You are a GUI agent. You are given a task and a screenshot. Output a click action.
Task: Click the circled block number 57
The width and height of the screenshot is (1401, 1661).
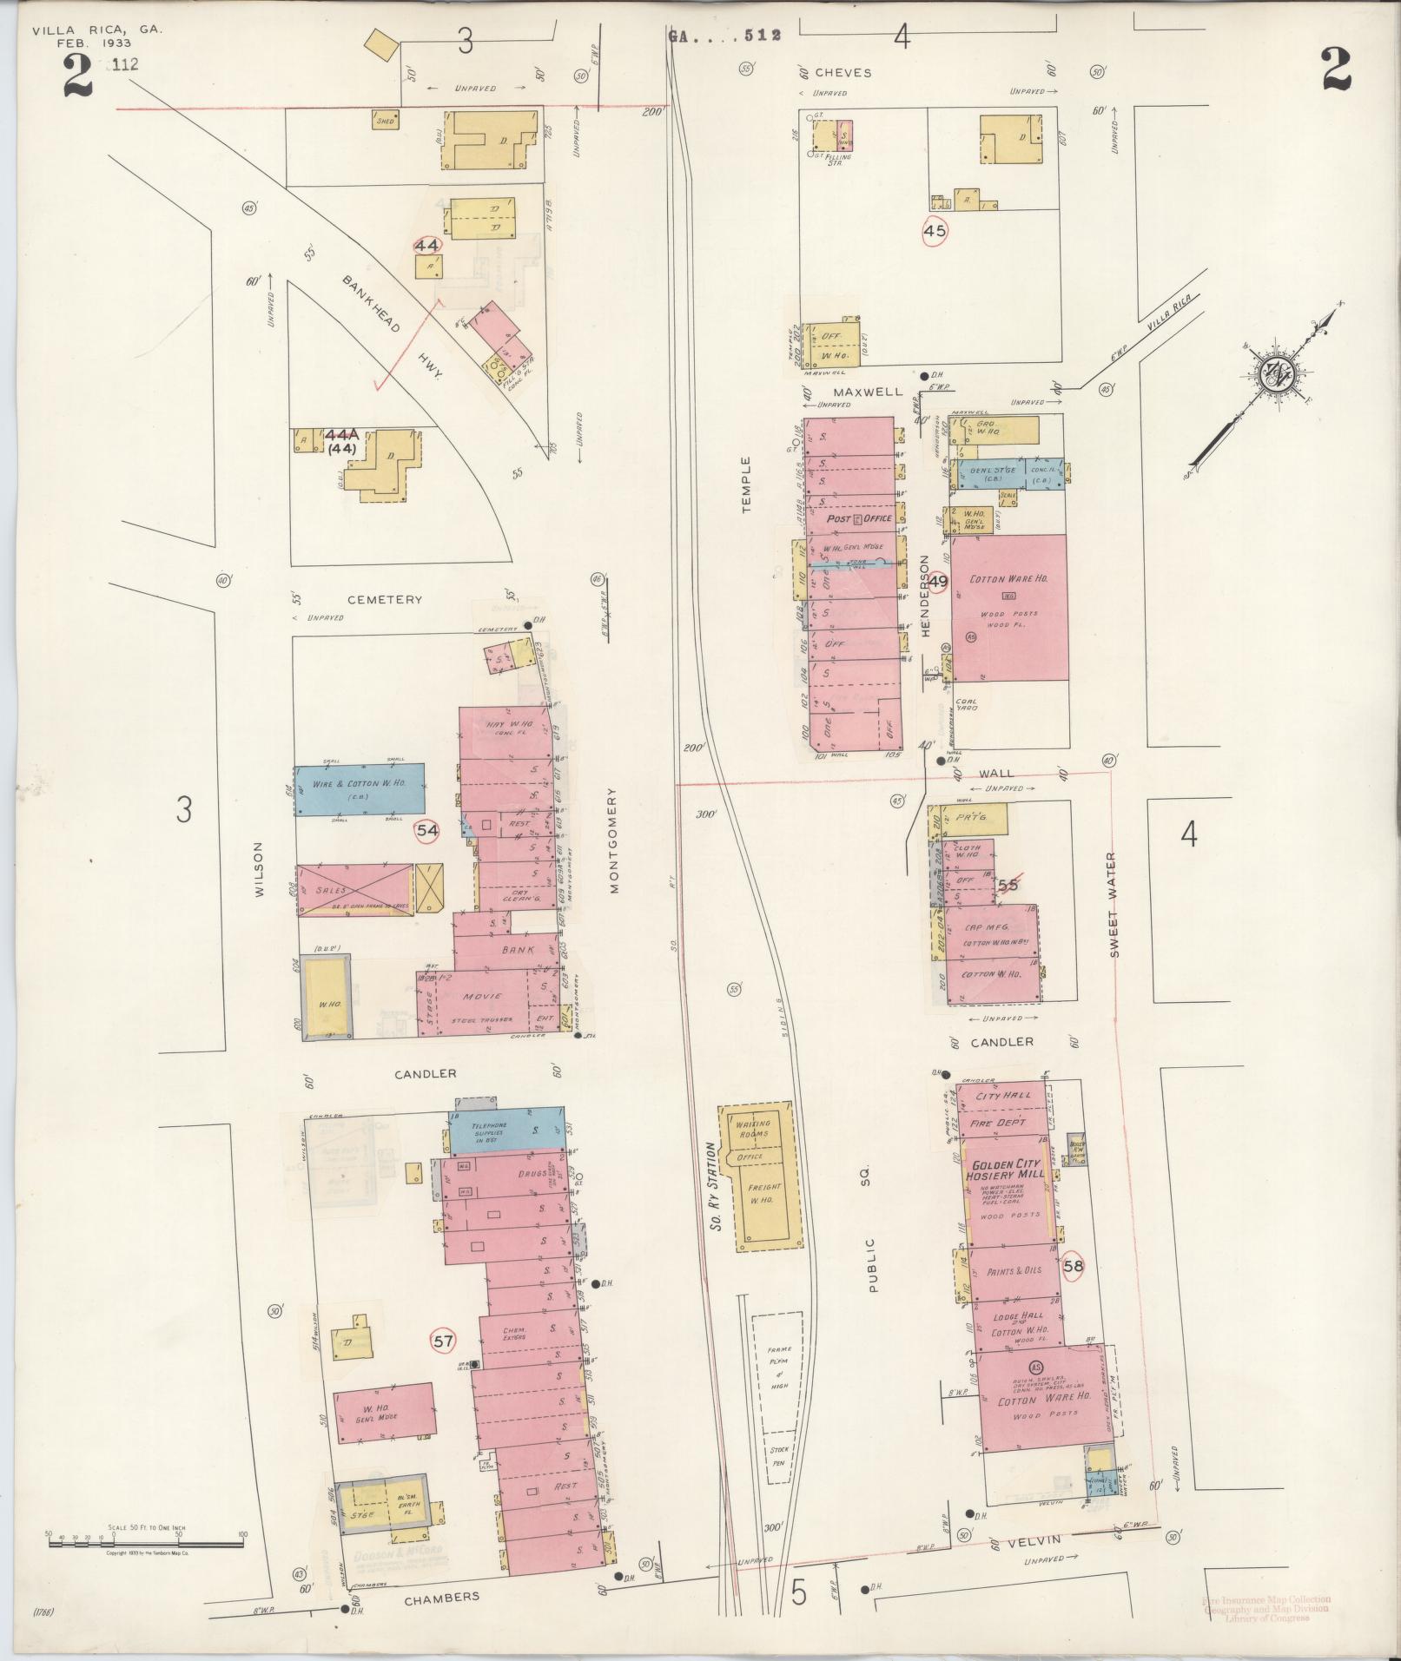(x=443, y=1365)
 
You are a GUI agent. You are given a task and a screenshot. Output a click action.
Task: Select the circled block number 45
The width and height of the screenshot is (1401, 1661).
(x=935, y=231)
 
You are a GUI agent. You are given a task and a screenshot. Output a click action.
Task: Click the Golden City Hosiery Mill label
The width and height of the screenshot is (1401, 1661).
(x=1008, y=1170)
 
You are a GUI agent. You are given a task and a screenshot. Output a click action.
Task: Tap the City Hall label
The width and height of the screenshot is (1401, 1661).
(x=1003, y=1096)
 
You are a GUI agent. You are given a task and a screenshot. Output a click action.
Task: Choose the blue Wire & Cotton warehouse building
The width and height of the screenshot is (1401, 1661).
(x=359, y=789)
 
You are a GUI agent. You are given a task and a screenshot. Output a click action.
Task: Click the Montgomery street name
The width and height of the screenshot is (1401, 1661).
(x=613, y=840)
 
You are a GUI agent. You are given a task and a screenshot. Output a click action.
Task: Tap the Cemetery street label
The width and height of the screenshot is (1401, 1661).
(x=385, y=599)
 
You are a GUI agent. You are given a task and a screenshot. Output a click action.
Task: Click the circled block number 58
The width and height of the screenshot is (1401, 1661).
(x=1074, y=1266)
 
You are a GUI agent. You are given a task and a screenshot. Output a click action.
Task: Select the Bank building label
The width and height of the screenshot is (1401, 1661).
(x=518, y=950)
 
